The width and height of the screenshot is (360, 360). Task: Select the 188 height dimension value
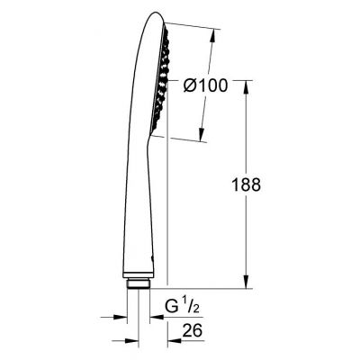click(244, 185)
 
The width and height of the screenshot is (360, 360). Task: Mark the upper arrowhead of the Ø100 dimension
click(214, 36)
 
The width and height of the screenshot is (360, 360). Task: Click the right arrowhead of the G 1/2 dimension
click(158, 317)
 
